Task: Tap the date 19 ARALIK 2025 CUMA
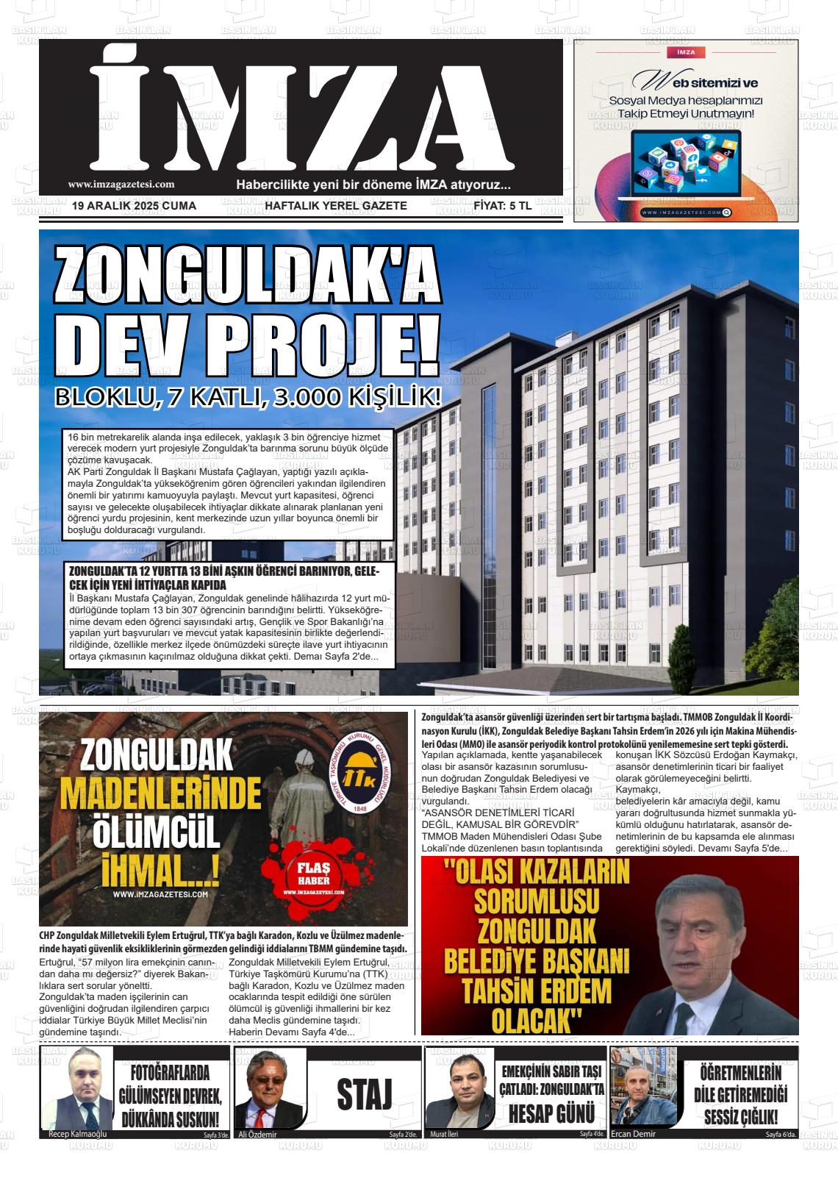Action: [135, 206]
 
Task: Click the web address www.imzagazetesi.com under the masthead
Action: [121, 185]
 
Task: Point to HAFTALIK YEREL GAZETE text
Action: [336, 206]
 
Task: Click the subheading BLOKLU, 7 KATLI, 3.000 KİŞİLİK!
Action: [248, 398]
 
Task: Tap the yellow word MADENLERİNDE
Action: [161, 796]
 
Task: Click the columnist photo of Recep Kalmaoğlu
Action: [76, 1090]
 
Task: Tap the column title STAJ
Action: [365, 1094]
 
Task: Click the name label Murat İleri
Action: [443, 1134]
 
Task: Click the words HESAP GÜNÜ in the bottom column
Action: [551, 1113]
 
